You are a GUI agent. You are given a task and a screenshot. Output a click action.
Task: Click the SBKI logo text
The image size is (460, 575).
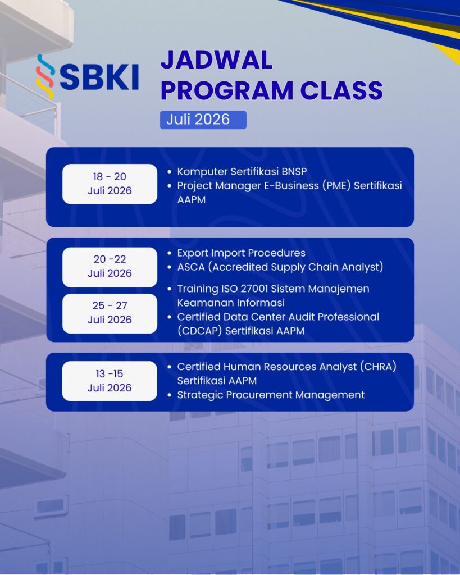pos(99,77)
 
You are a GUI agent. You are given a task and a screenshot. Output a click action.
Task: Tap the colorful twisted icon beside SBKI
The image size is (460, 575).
pos(45,76)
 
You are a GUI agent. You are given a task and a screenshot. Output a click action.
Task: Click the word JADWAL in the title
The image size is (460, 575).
pos(216,60)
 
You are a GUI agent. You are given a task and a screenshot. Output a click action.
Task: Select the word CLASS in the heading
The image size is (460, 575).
pos(341,90)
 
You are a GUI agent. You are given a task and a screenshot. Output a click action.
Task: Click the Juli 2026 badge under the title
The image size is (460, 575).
pos(203,120)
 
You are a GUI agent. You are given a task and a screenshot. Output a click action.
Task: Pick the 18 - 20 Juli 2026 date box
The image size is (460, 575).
pos(110,184)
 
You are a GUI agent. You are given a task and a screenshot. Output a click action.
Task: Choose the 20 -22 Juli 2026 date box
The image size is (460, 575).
pos(110,267)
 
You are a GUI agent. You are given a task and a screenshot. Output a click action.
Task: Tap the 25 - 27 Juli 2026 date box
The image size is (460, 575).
pos(110,313)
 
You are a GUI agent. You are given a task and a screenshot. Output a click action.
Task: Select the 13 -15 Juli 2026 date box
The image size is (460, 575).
pos(110,381)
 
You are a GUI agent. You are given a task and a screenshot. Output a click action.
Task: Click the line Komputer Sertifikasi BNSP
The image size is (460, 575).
pos(242,172)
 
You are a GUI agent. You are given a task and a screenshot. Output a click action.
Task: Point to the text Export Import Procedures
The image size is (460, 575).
pos(242,253)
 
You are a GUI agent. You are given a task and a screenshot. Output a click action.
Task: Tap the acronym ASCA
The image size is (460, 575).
pos(191,267)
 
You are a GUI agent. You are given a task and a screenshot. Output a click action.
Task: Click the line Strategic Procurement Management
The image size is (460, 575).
pos(271,395)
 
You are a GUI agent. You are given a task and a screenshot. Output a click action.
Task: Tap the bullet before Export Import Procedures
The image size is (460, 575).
pos(169,253)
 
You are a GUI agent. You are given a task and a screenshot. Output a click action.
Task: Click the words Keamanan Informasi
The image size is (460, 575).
pos(231,303)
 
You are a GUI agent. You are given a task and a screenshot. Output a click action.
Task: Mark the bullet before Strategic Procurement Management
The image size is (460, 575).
pos(169,395)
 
